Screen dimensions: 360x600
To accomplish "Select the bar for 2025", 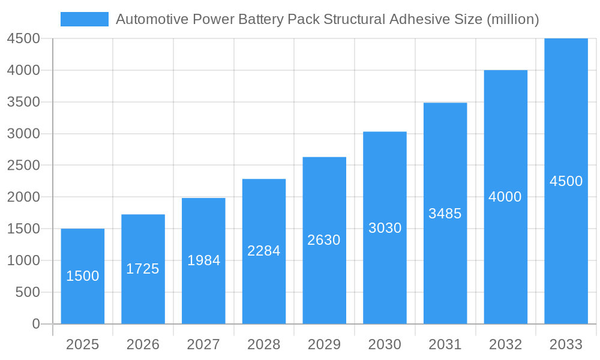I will pyautogui.click(x=83, y=276).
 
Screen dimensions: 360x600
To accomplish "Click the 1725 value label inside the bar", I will pyautogui.click(x=143, y=269).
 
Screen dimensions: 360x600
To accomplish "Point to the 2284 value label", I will pyautogui.click(x=264, y=251).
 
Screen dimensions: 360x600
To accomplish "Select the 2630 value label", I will pyautogui.click(x=324, y=240).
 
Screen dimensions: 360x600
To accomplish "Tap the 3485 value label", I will pyautogui.click(x=445, y=213).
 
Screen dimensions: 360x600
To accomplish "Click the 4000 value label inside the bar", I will pyautogui.click(x=505, y=197).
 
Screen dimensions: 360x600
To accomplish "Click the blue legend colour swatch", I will pyautogui.click(x=85, y=19).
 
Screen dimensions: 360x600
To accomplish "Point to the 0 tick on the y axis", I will pyautogui.click(x=35, y=324).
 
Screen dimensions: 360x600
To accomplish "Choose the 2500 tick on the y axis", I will pyautogui.click(x=23, y=165).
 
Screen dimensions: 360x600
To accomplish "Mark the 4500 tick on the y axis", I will pyautogui.click(x=23, y=38).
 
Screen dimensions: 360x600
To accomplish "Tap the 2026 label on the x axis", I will pyautogui.click(x=143, y=344).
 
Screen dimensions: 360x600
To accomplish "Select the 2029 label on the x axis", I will pyautogui.click(x=324, y=344).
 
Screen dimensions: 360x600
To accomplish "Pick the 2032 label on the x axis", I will pyautogui.click(x=505, y=344).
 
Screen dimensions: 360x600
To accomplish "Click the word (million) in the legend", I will pyautogui.click(x=512, y=19).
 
